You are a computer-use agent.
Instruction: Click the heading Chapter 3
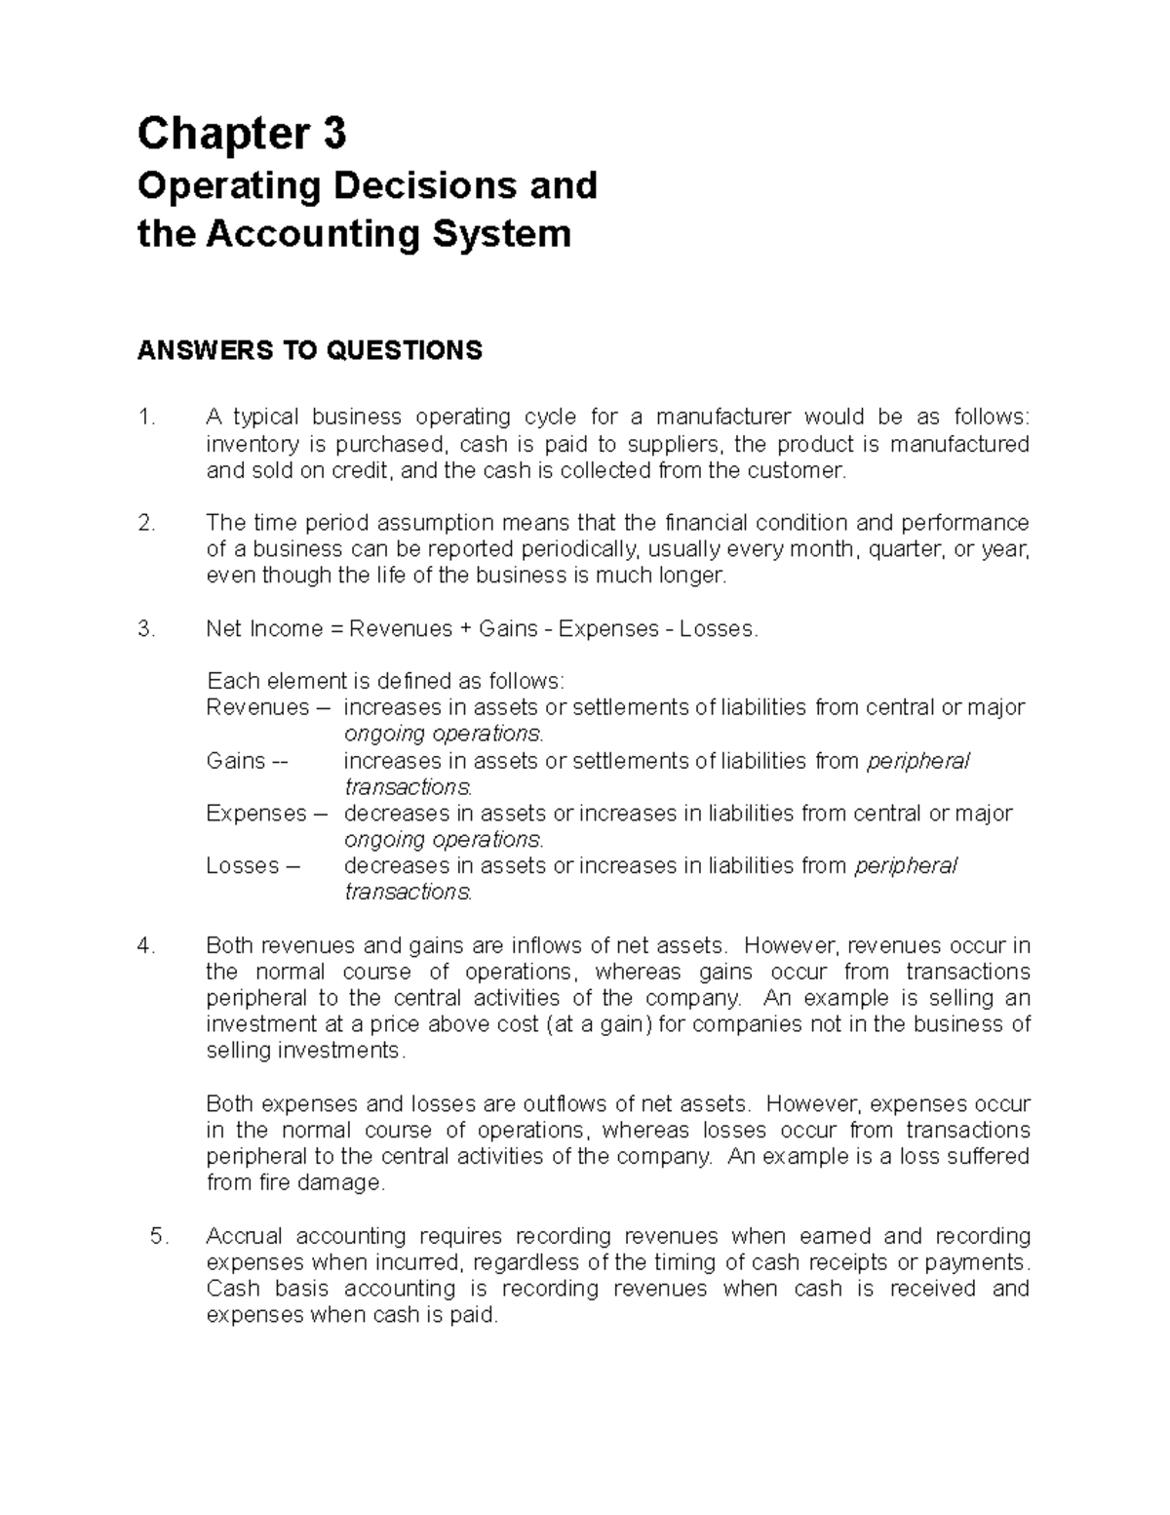pyautogui.click(x=241, y=135)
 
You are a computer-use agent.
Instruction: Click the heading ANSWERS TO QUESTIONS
pyautogui.click(x=309, y=350)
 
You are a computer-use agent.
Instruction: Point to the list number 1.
pyautogui.click(x=145, y=418)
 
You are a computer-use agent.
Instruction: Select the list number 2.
pyautogui.click(x=146, y=523)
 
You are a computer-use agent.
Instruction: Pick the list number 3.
pyautogui.click(x=146, y=629)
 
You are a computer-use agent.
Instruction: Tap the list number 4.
pyautogui.click(x=146, y=945)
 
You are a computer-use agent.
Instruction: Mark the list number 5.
pyautogui.click(x=160, y=1236)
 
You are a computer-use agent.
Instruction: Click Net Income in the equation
pyautogui.click(x=261, y=629)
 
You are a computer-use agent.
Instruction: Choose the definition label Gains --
pyautogui.click(x=248, y=761)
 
